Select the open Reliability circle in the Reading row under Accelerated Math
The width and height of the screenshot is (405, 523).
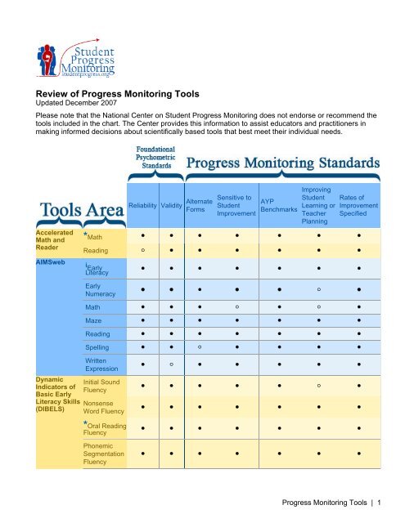(x=142, y=250)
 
